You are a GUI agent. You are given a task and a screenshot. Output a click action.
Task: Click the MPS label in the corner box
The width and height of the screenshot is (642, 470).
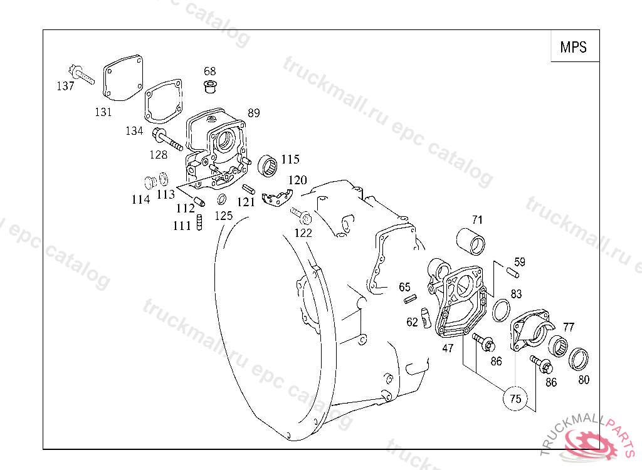(574, 47)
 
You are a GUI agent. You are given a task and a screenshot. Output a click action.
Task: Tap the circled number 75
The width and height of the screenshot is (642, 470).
(515, 399)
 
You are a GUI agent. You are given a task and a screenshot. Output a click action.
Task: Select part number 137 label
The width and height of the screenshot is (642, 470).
(65, 86)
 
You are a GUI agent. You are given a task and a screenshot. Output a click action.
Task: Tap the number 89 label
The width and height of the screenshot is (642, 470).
(253, 113)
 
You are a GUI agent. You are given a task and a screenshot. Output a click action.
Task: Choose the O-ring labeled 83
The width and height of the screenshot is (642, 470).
(500, 310)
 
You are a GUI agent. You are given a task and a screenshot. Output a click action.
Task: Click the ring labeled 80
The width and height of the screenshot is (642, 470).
(579, 359)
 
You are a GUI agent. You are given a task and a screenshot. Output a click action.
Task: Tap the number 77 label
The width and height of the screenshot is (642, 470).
(568, 326)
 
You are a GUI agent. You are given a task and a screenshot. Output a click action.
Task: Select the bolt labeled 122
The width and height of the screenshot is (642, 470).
(303, 217)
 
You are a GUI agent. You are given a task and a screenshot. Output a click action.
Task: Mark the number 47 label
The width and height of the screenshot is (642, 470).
(448, 348)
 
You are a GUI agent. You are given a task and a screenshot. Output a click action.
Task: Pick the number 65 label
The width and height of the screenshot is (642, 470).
(405, 287)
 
